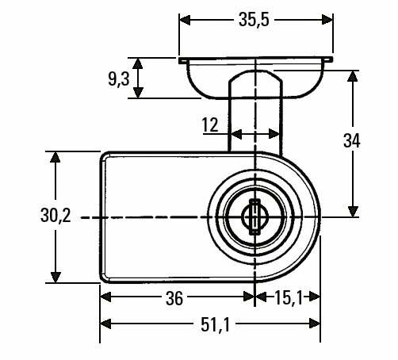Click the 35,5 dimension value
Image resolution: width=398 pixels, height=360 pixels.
coord(254,20)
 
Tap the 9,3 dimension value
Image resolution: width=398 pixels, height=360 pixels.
coord(119,79)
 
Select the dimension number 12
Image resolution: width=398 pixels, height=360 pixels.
coord(210,124)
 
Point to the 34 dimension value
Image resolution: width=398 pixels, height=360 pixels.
coord(351,140)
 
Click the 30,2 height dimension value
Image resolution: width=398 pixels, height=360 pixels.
coord(55,215)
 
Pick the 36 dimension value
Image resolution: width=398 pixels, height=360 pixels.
coord(174,299)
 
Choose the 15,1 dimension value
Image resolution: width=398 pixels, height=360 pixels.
coord(289,297)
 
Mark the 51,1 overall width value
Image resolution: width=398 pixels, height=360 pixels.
coord(216,324)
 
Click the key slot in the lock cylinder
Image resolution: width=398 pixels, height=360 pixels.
coord(254,217)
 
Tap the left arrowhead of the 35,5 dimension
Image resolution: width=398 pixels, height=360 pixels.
coord(185,20)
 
